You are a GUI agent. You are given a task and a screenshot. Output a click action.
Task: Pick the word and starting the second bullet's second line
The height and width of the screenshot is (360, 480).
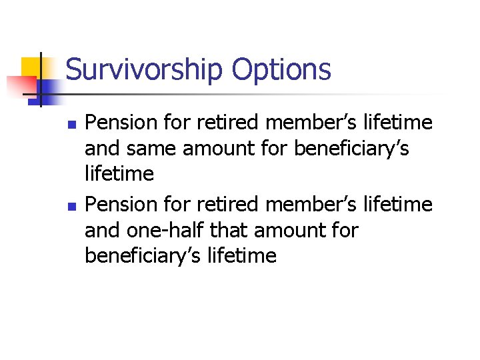101,231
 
